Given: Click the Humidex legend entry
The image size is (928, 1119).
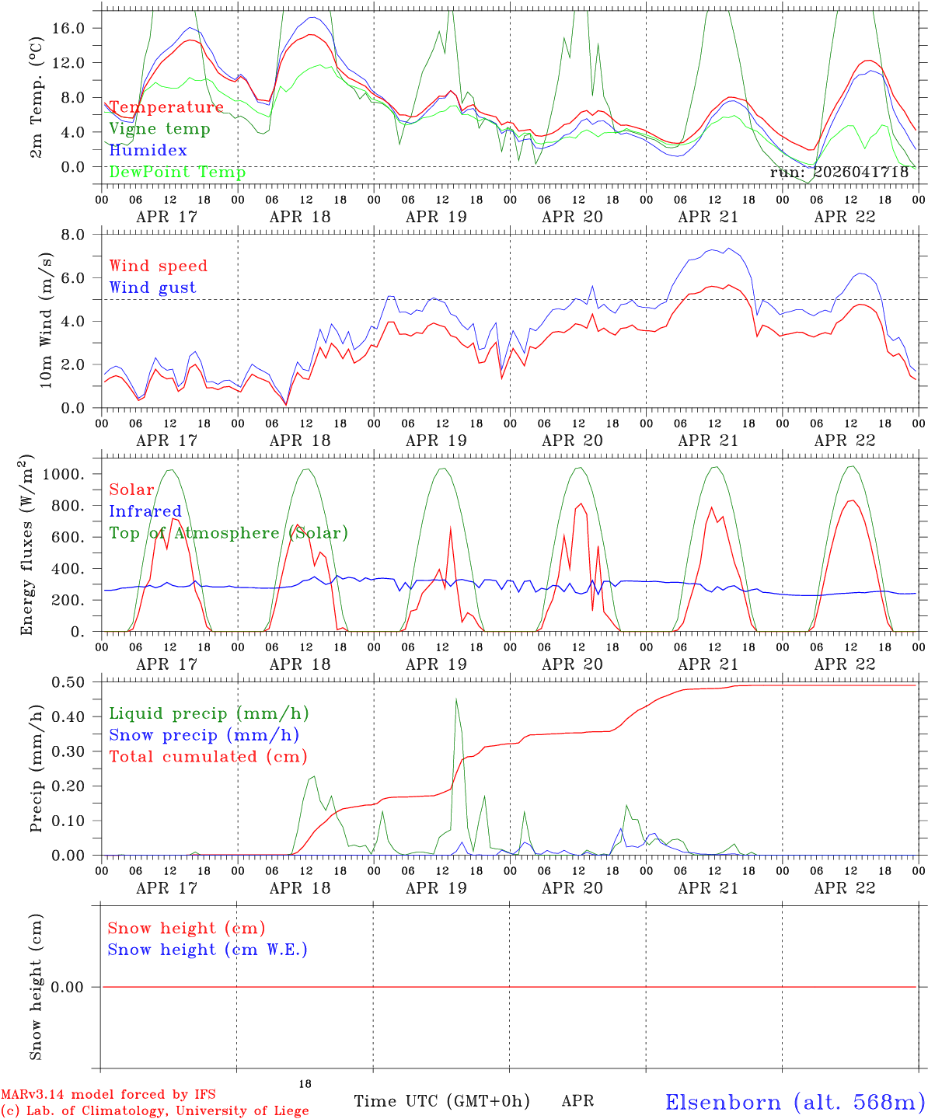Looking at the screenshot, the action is pos(148,150).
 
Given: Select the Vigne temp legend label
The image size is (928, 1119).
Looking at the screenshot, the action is pos(160,129).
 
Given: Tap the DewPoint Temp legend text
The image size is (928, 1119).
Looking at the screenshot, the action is pos(177,172).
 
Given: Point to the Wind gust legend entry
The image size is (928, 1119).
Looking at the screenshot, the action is pos(153,288).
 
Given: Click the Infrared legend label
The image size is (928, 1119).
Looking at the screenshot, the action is pos(145,511).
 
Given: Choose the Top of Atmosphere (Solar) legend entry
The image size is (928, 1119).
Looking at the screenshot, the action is pos(229,533).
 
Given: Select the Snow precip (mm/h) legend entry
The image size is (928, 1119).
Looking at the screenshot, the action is pos(204,735).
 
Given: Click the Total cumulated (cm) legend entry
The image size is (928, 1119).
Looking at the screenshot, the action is pos(208,757).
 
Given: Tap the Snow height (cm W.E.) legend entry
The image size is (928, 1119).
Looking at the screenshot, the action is pos(208,950).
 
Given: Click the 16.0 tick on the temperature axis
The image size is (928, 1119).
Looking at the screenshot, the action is pos(68,29).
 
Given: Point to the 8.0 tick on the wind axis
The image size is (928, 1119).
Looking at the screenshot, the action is pos(73,235).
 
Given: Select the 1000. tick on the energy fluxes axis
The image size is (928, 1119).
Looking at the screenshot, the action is pos(64,474).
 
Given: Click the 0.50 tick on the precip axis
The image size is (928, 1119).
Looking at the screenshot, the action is pos(68,683).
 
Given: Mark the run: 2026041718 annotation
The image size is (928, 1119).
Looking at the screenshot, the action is pos(839,173).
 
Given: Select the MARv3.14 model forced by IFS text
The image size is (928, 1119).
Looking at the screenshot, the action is pos(108,1094).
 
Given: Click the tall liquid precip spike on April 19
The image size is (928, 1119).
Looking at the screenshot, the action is pos(456,699).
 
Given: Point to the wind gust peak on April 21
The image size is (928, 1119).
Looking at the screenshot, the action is pos(728,248).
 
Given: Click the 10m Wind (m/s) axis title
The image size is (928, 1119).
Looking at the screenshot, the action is pos(46,320).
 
